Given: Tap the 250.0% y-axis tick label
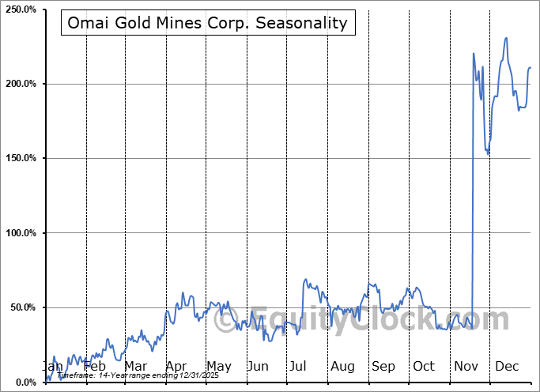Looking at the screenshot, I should click(20, 9).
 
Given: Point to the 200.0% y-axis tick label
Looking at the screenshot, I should click(20, 84).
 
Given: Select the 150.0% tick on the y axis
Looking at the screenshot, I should click(20, 158).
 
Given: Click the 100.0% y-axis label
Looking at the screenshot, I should click(20, 233).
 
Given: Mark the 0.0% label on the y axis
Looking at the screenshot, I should click(24, 382).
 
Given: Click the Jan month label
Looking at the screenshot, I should click(52, 367).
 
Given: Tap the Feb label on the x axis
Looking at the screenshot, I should click(94, 367).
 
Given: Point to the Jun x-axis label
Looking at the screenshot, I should click(259, 367).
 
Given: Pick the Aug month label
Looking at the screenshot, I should click(342, 367).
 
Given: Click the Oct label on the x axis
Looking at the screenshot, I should click(424, 367).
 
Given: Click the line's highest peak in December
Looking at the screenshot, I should click(506, 37).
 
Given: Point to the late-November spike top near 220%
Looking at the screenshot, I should click(474, 54).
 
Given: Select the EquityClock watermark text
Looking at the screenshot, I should click(372, 320).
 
